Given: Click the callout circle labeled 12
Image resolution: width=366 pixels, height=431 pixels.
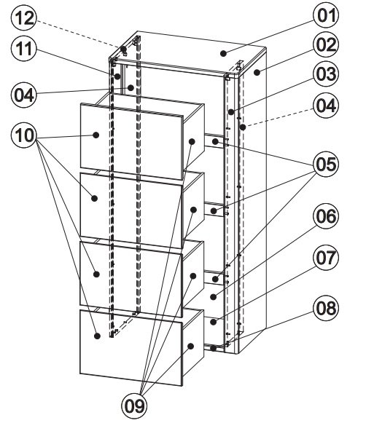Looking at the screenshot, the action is coord(24,18).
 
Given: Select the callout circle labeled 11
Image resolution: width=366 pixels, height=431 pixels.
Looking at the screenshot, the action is coord(24,49).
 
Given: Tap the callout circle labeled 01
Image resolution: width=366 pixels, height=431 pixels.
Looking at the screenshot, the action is coord(326,15).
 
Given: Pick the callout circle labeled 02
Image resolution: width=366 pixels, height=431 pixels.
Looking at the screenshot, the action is coord(326,45).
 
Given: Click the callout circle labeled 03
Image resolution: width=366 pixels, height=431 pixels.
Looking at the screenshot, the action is coord(326,74).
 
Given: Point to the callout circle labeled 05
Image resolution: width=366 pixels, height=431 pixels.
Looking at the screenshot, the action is coord(326,165).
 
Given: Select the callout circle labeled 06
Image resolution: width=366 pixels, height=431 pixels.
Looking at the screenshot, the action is coord(326,216).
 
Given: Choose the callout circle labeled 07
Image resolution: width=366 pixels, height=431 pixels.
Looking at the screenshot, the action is coord(326,258).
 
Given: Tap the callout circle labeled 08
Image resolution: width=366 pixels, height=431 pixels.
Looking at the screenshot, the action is coord(326,308).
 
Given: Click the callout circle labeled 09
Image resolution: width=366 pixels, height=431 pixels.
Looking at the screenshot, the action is coord(134,406).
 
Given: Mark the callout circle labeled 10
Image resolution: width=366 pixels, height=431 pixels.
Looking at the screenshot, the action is coord(24,135).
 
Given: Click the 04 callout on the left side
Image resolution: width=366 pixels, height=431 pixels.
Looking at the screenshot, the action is coord(24,95).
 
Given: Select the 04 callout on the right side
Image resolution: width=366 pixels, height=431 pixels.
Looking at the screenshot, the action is coord(326,106).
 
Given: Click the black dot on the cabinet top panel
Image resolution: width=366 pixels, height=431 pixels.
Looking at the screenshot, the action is coord(223,53).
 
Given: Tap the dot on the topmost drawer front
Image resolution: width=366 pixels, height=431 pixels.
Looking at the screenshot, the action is coord(96,135).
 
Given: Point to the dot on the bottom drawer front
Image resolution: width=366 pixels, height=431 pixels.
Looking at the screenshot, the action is coord(97,336).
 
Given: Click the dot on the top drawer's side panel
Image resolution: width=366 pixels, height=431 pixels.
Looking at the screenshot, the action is coord(192,141).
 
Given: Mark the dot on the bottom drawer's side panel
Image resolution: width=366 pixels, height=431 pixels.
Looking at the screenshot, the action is coord(191,346).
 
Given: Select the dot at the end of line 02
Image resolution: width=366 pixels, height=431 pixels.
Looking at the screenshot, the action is coord(257,73).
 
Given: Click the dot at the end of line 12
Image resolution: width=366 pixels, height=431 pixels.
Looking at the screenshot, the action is coord(123,50).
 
